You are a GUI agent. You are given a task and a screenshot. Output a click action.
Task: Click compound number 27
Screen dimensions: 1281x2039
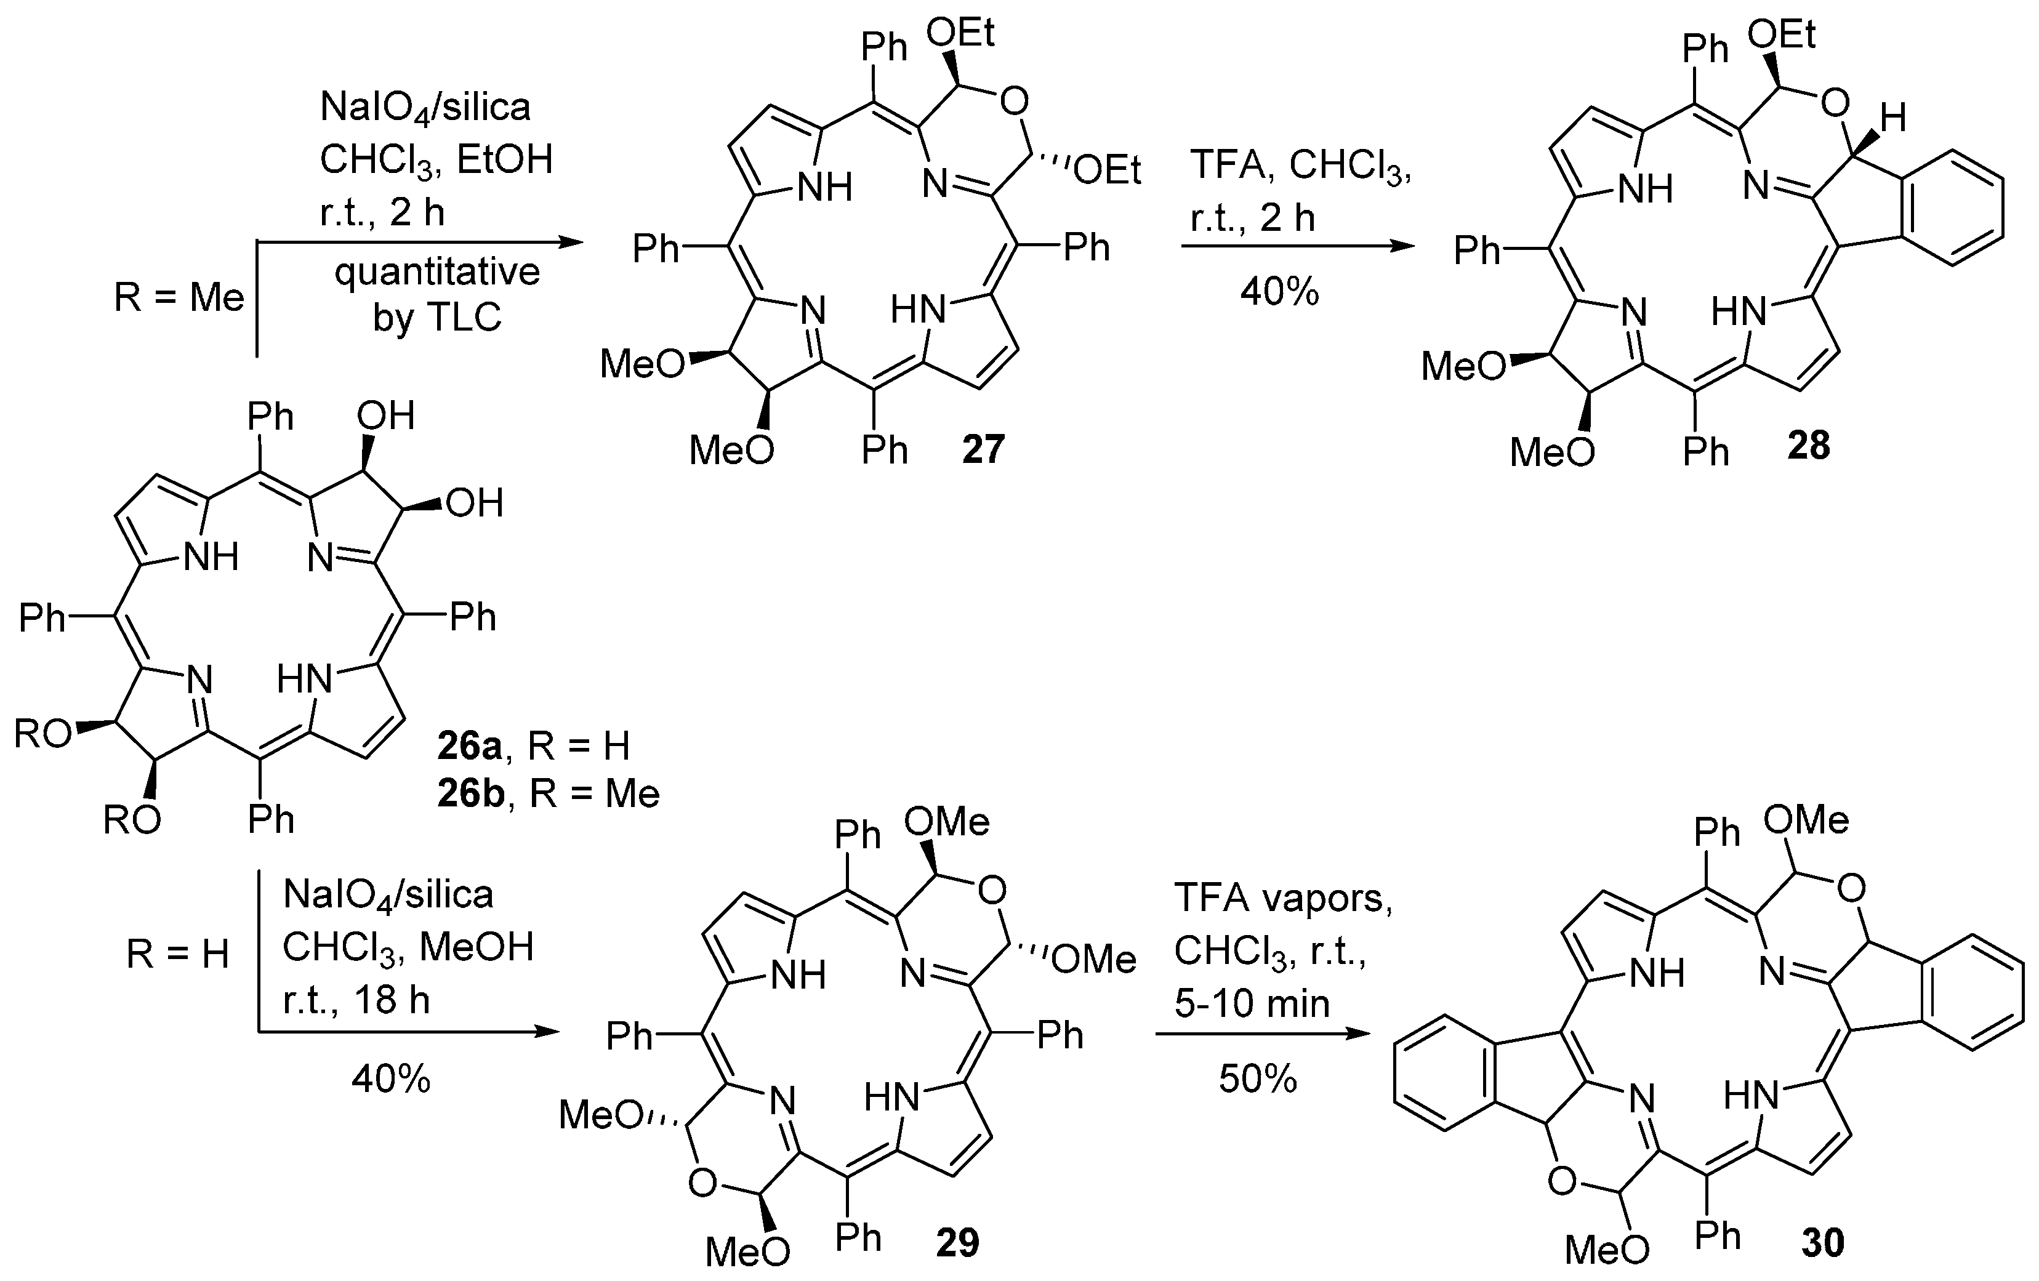[982, 448]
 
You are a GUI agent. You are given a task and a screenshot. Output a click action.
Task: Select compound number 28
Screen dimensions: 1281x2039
[1809, 445]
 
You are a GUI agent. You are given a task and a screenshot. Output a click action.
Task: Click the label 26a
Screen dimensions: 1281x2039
[469, 746]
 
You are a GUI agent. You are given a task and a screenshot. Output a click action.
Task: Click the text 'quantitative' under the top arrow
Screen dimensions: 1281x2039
[437, 273]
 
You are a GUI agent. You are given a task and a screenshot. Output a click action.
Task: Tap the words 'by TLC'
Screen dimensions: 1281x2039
[437, 318]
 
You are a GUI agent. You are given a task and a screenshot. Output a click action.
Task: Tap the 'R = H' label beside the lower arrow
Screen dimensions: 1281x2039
[178, 955]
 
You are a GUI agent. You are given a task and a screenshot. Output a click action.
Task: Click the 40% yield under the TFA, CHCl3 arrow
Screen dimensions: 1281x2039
[1279, 292]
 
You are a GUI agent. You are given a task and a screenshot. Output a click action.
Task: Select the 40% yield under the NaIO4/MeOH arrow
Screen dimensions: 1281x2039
[390, 1078]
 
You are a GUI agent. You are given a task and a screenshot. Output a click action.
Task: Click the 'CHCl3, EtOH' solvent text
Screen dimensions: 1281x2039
[435, 159]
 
